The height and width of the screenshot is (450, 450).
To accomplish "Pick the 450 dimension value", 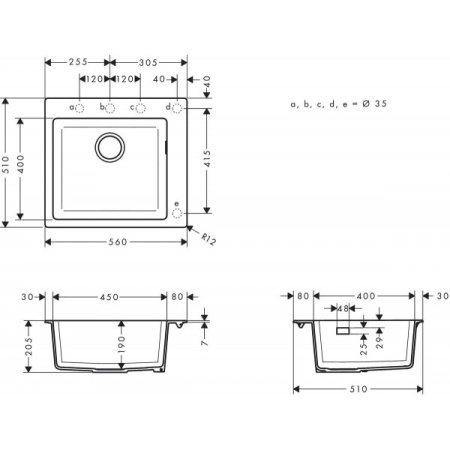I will tap(109, 296).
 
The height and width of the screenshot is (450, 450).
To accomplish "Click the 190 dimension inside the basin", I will tap(122, 343).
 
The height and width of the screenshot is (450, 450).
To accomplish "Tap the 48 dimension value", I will tap(342, 309).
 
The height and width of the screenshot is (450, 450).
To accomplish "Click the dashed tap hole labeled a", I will tap(82, 108).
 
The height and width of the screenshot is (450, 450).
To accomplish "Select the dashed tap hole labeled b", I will tap(111, 108).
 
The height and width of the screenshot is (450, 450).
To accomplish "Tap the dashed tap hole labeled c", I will tap(140, 108).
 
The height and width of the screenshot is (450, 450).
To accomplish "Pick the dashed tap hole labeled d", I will tap(177, 108).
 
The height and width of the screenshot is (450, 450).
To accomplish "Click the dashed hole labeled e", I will tap(177, 213).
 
